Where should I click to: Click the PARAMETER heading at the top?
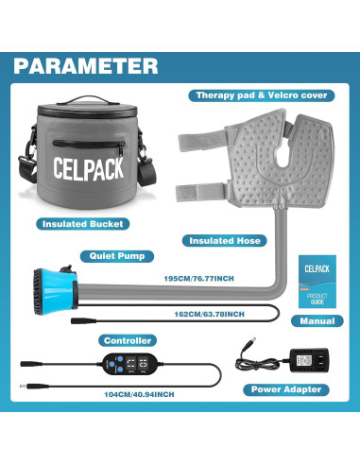pyautogui.click(x=87, y=65)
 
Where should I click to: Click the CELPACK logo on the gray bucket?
pyautogui.click(x=80, y=164)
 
